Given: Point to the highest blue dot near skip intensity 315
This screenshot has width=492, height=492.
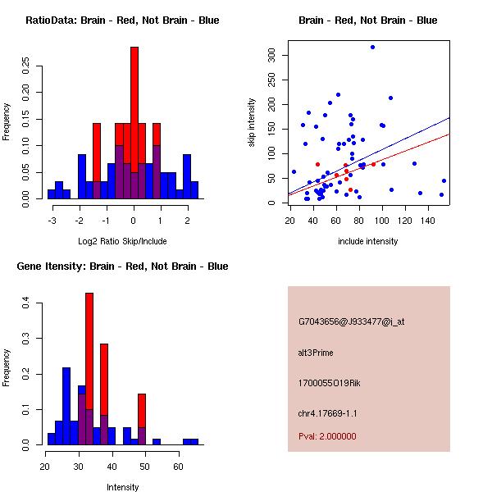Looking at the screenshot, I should point(372,47).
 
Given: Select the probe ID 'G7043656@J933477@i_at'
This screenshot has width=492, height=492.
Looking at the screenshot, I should point(351,321).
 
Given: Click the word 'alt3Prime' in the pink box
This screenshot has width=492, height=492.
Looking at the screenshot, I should point(316,353).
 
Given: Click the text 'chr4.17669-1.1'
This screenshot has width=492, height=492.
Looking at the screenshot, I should point(327,413).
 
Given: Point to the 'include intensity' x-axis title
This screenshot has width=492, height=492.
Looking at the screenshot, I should point(368,241).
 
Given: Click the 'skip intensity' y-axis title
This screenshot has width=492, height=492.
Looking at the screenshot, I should point(252,123).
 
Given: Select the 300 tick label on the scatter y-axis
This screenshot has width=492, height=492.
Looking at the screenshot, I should point(271,55).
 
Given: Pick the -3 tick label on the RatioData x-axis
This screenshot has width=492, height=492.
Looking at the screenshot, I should point(52,220).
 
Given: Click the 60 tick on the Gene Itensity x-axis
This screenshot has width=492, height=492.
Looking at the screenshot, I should point(178,466).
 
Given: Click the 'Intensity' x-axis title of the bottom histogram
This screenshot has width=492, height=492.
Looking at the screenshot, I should point(123,487).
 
